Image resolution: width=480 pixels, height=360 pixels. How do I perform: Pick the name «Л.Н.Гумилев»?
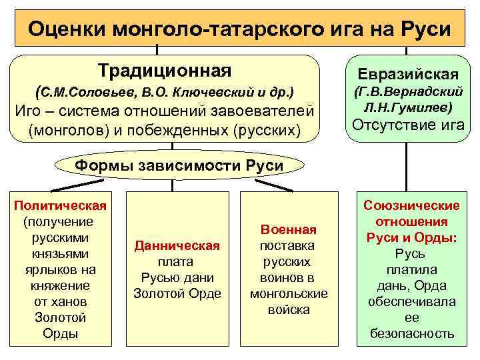click(409, 107)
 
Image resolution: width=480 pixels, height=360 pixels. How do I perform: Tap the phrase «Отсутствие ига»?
click(409, 125)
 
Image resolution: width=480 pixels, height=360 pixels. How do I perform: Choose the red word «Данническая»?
click(177, 245)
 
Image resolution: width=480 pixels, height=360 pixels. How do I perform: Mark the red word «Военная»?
click(288, 229)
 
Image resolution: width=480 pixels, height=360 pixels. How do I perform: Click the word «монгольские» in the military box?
click(288, 293)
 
